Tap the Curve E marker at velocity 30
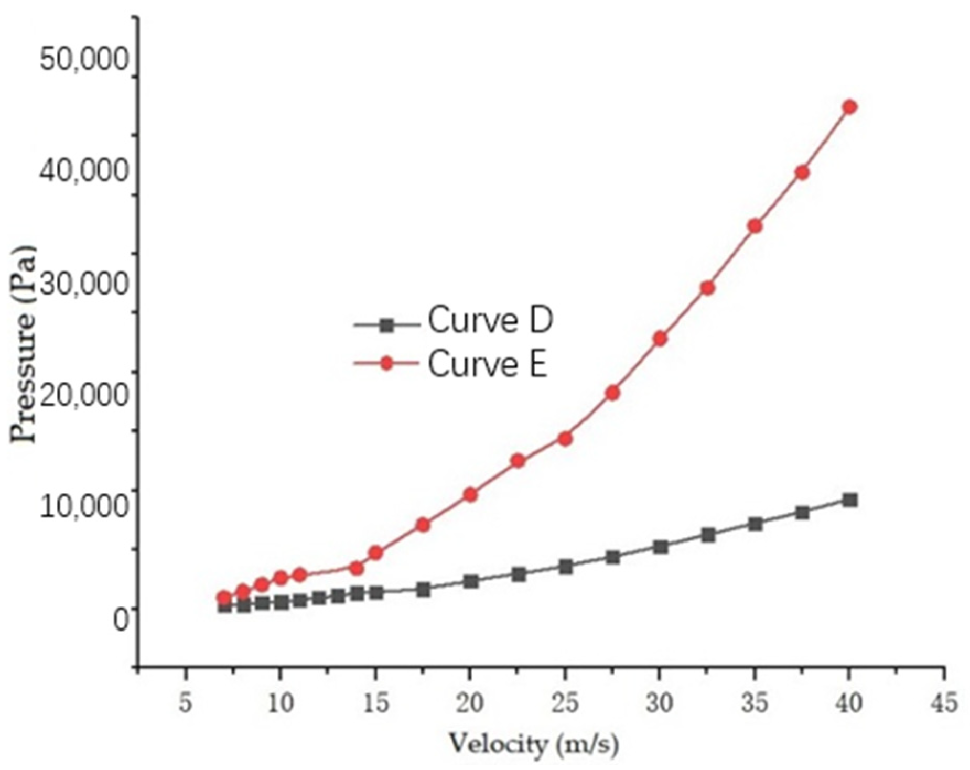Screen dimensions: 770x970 point(660,339)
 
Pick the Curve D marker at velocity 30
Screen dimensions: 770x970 point(660,547)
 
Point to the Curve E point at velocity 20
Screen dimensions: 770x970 point(470,495)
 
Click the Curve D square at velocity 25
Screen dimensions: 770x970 point(565,567)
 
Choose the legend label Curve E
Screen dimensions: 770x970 point(488,365)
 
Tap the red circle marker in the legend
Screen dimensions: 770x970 point(386,363)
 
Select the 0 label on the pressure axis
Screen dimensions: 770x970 point(121,620)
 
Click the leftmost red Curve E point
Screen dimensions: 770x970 point(224,598)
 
